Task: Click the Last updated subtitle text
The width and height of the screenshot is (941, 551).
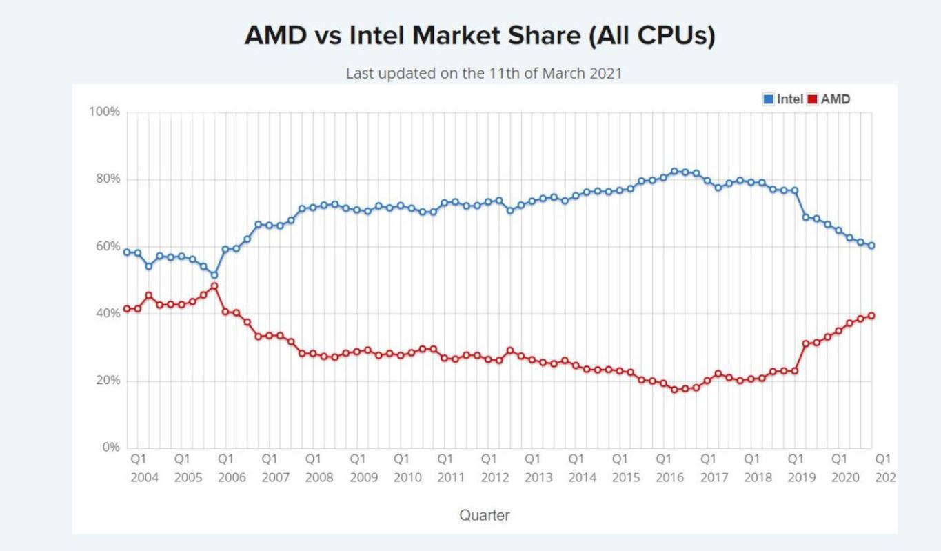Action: click(x=484, y=73)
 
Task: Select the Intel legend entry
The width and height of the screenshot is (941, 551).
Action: click(x=783, y=99)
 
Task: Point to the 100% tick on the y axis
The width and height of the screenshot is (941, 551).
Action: click(x=104, y=112)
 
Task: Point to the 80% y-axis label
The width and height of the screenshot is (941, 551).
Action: click(x=107, y=179)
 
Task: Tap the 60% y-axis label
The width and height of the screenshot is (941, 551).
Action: click(x=107, y=246)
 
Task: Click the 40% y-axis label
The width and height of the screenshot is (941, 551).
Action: click(x=107, y=313)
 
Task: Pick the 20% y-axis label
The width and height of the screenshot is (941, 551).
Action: click(x=107, y=381)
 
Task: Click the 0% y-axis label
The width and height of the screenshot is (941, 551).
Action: click(x=110, y=448)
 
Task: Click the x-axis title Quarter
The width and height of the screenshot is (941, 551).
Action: click(x=485, y=515)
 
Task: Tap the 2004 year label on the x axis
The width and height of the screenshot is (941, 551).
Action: click(x=144, y=478)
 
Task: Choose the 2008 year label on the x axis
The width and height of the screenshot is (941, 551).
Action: click(x=320, y=478)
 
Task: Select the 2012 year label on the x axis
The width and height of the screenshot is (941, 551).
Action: click(x=495, y=478)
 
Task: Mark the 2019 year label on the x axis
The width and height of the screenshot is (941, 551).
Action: click(x=802, y=478)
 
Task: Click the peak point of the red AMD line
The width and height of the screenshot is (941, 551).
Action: click(x=214, y=286)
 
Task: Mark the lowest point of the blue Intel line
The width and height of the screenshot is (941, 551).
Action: click(x=214, y=274)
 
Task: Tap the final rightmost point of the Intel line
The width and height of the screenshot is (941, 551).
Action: click(x=871, y=246)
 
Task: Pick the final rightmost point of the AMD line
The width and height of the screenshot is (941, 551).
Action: click(x=871, y=316)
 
